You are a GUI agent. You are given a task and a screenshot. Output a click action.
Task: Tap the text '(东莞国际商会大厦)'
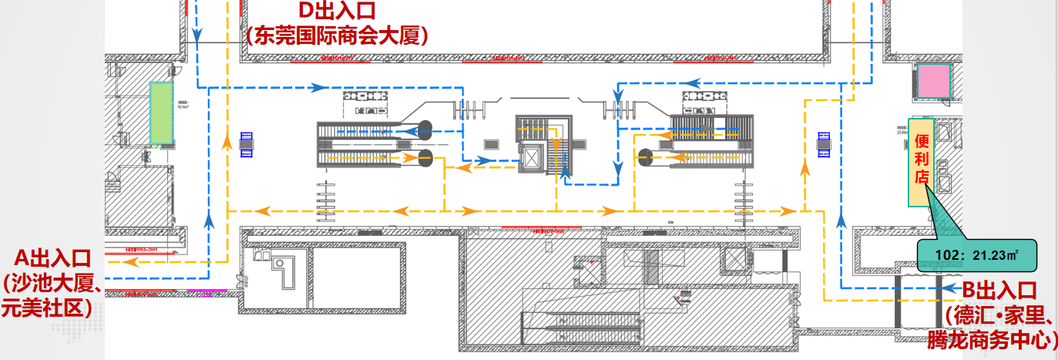[x=337, y=36]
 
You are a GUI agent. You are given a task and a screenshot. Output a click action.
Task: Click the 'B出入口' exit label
[x=999, y=290]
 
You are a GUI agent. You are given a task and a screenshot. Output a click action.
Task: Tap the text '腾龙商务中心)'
[x=993, y=340]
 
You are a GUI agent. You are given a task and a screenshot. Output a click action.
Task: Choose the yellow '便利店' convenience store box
[x=922, y=163]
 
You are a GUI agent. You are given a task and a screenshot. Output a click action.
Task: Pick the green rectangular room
[x=161, y=114]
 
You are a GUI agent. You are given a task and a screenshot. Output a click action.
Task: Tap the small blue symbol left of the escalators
[x=247, y=144]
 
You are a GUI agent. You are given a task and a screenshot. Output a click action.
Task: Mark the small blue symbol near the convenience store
[x=823, y=144]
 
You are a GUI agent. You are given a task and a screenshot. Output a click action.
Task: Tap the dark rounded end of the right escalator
[x=645, y=158]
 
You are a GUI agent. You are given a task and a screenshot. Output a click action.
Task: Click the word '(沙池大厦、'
[x=52, y=283]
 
